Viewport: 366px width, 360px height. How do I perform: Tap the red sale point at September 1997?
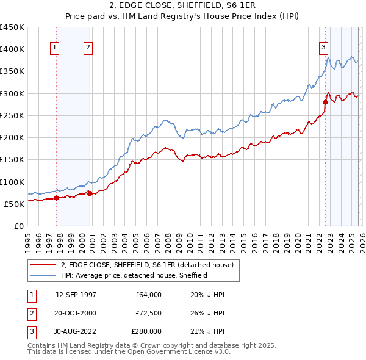(56, 198)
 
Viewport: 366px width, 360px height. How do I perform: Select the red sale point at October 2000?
(90, 194)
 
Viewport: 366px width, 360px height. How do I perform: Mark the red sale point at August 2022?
(325, 103)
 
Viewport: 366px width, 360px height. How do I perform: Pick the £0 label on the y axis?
(18, 226)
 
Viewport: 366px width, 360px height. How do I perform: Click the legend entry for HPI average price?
(134, 275)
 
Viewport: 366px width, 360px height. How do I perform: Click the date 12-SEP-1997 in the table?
(76, 295)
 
